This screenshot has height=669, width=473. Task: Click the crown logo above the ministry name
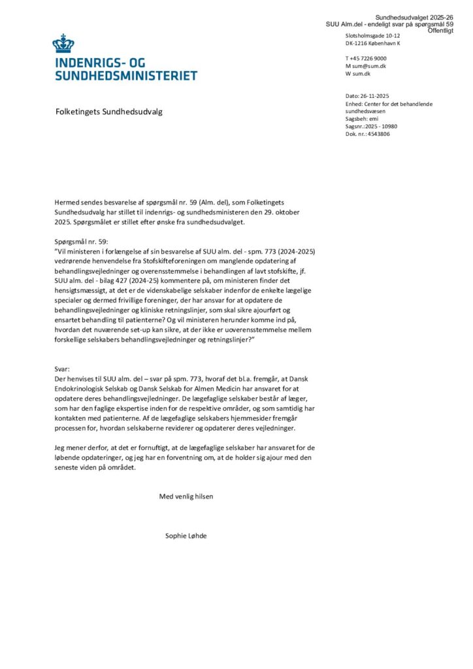[x=63, y=44]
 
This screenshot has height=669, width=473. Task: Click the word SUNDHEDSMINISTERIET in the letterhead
[x=126, y=76]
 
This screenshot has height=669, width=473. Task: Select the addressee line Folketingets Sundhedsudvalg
[x=108, y=112]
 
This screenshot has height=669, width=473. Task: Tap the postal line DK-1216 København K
[x=373, y=43]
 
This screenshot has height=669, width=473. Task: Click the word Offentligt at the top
[x=436, y=31]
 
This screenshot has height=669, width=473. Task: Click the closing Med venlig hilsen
[x=186, y=496]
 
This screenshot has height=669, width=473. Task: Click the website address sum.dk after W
[x=362, y=74]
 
